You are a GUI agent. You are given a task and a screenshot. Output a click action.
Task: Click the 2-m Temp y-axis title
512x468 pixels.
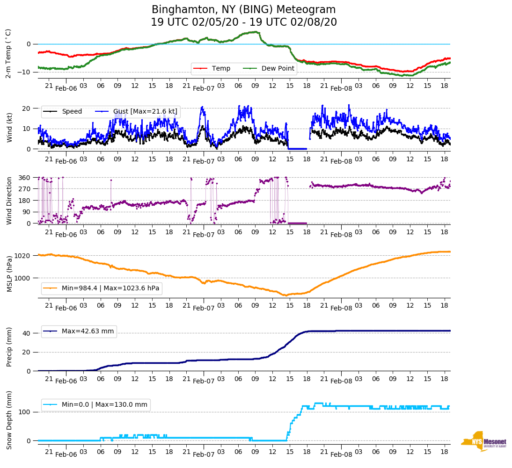pyautogui.click(x=8, y=53)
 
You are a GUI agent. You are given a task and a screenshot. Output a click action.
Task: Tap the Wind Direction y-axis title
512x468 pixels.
pyautogui.click(x=9, y=201)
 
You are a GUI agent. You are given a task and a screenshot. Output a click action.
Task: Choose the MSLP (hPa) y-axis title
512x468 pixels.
pyautogui.click(x=9, y=274)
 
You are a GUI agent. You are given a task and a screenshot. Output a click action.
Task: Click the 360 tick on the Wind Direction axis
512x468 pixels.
pyautogui.click(x=25, y=178)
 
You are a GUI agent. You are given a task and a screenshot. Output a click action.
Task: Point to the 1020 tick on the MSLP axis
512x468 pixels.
pyautogui.click(x=23, y=256)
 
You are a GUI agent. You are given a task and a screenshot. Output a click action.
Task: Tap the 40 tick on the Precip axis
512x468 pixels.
pyautogui.click(x=27, y=333)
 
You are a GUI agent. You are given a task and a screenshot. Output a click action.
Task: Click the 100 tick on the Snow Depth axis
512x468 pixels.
pyautogui.click(x=25, y=412)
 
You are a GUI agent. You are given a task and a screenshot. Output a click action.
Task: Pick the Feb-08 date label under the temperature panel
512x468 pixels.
pyautogui.click(x=341, y=88)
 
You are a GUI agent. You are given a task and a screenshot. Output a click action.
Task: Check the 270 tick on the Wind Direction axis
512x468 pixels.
pyautogui.click(x=25, y=189)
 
